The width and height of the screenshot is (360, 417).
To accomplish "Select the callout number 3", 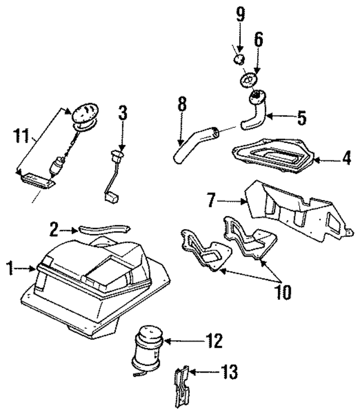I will (x=123, y=114).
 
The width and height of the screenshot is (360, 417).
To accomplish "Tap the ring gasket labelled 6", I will (x=248, y=79).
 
